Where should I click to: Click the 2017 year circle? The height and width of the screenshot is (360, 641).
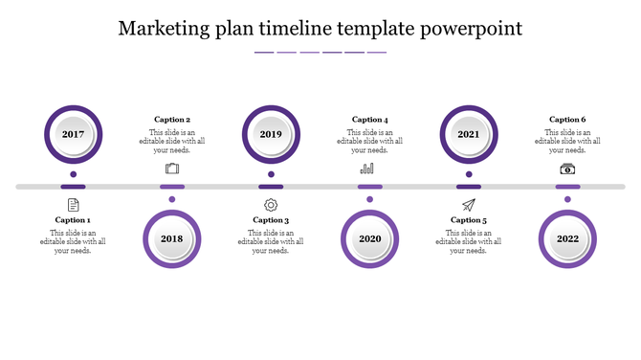point(73,134)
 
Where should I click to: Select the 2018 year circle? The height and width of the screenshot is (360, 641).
point(172,238)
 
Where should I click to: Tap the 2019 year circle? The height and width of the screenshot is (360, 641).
point(271,134)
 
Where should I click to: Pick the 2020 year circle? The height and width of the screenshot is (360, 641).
point(370,238)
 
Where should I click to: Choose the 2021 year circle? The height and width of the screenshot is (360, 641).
point(469,134)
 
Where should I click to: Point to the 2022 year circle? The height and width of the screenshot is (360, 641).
point(567,238)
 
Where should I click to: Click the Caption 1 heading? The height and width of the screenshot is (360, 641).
point(73,220)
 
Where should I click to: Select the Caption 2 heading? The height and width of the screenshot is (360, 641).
point(172,120)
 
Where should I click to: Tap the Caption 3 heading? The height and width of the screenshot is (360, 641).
point(271,220)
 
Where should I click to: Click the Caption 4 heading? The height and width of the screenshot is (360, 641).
point(370,120)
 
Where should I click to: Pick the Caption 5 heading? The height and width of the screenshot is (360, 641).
point(469,220)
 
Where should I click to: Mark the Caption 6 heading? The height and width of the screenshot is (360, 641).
point(567,120)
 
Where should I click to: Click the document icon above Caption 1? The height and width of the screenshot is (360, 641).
point(73,205)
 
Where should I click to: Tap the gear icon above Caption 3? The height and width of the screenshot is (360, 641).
point(271,205)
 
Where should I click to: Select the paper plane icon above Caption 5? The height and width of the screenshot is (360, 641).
point(469,205)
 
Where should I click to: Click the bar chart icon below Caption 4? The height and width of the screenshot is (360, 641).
point(367,169)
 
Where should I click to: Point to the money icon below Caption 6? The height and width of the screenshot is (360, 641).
point(567,169)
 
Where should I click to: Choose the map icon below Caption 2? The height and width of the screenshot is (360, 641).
point(172,169)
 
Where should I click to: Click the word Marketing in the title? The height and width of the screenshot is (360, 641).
point(164,28)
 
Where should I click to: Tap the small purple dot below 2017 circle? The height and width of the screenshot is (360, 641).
point(73,174)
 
